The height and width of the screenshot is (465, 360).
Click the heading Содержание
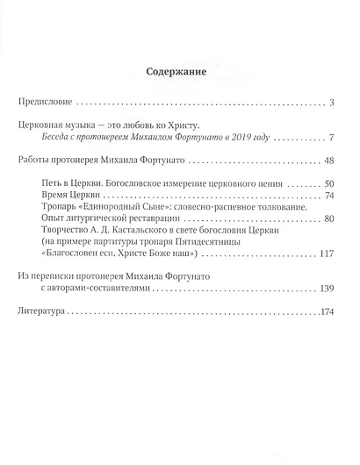pyautogui.click(x=179, y=74)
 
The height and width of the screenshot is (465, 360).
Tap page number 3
pyautogui.click(x=334, y=104)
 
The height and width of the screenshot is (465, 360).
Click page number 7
pyautogui.click(x=334, y=139)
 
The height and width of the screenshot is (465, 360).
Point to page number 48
pyautogui.click(x=330, y=161)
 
